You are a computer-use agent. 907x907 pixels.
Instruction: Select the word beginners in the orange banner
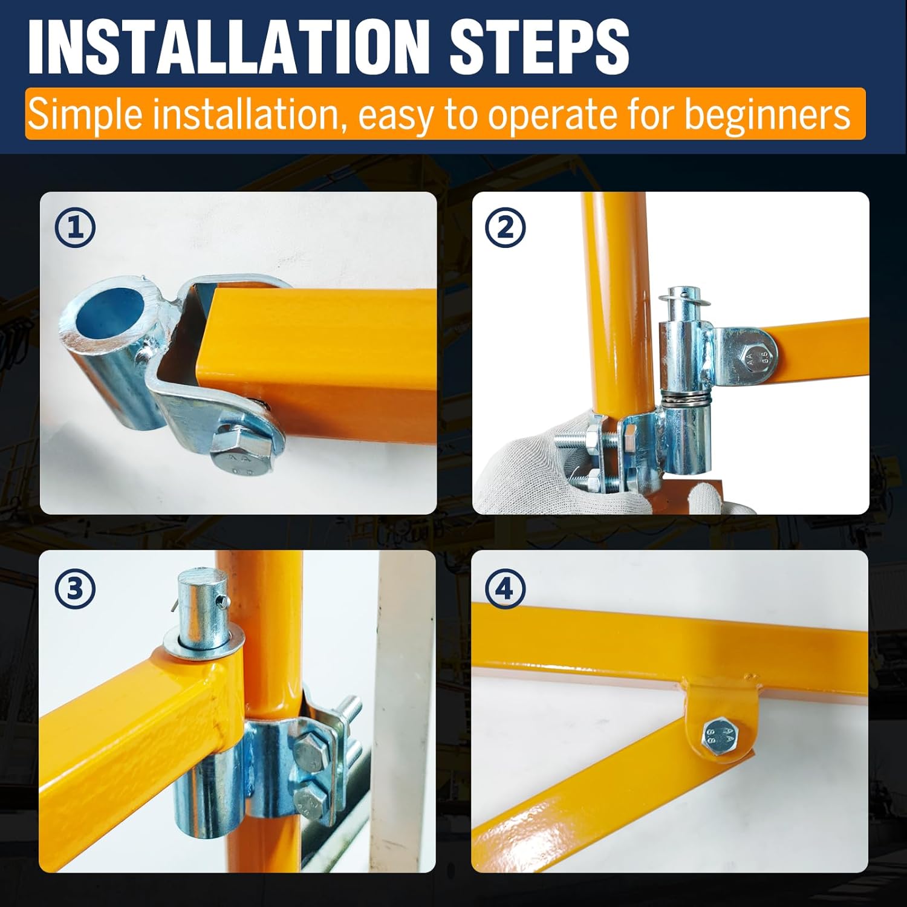tap(767, 115)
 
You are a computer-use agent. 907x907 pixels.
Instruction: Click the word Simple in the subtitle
tap(86, 115)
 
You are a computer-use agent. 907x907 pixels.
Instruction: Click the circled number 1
tap(75, 228)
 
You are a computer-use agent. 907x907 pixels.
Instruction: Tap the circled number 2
tap(506, 228)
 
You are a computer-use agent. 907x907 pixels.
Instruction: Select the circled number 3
tap(75, 588)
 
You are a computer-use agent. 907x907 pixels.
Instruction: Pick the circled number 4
tap(506, 588)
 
